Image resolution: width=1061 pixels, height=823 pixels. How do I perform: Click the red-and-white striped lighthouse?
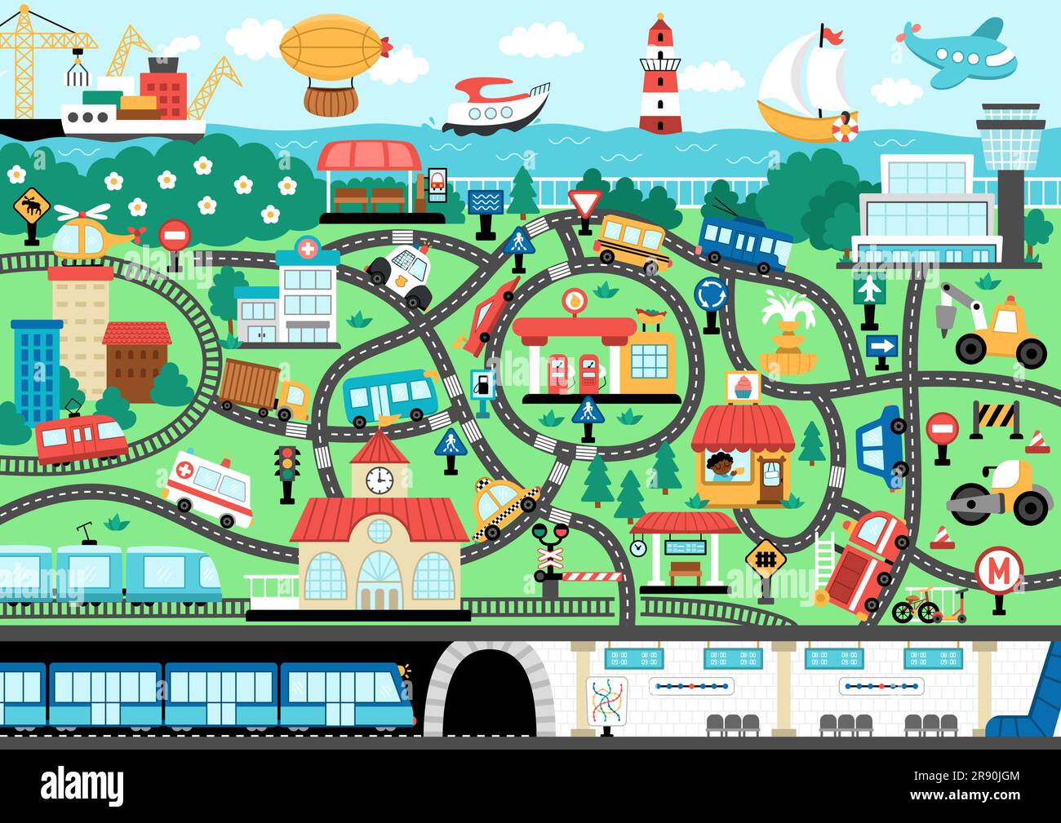pyautogui.click(x=660, y=77)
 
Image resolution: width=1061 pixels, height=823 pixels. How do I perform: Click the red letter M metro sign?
pyautogui.click(x=997, y=571)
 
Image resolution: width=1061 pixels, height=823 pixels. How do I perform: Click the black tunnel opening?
pyautogui.click(x=486, y=693)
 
